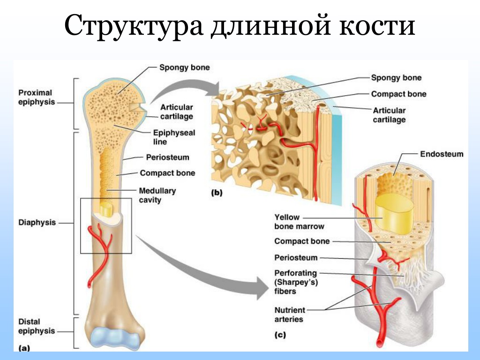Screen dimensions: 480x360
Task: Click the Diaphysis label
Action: (x=37, y=223)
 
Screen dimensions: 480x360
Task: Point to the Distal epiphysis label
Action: (x=37, y=326)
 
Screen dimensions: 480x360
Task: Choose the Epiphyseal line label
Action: (x=174, y=137)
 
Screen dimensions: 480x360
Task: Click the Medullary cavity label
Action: (x=157, y=195)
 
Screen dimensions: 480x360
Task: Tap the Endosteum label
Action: (x=442, y=154)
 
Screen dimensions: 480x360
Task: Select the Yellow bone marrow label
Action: (x=299, y=222)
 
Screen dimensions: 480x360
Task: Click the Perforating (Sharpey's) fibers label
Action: (x=296, y=282)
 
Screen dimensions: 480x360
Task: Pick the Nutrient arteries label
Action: (x=290, y=315)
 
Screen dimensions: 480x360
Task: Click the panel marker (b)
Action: (x=217, y=193)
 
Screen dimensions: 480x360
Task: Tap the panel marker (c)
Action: (x=280, y=335)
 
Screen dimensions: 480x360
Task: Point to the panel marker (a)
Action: (x=24, y=348)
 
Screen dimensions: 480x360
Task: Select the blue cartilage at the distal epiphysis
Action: (x=116, y=339)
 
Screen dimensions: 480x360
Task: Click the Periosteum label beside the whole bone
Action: (x=167, y=157)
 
